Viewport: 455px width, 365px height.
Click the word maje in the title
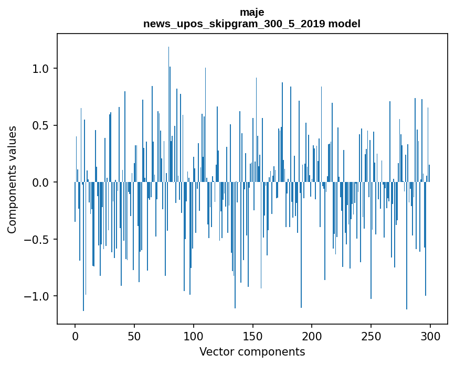pyautogui.click(x=251, y=12)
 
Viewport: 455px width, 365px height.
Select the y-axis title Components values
pyautogui.click(x=12, y=179)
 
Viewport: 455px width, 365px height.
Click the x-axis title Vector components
pyautogui.click(x=252, y=351)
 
